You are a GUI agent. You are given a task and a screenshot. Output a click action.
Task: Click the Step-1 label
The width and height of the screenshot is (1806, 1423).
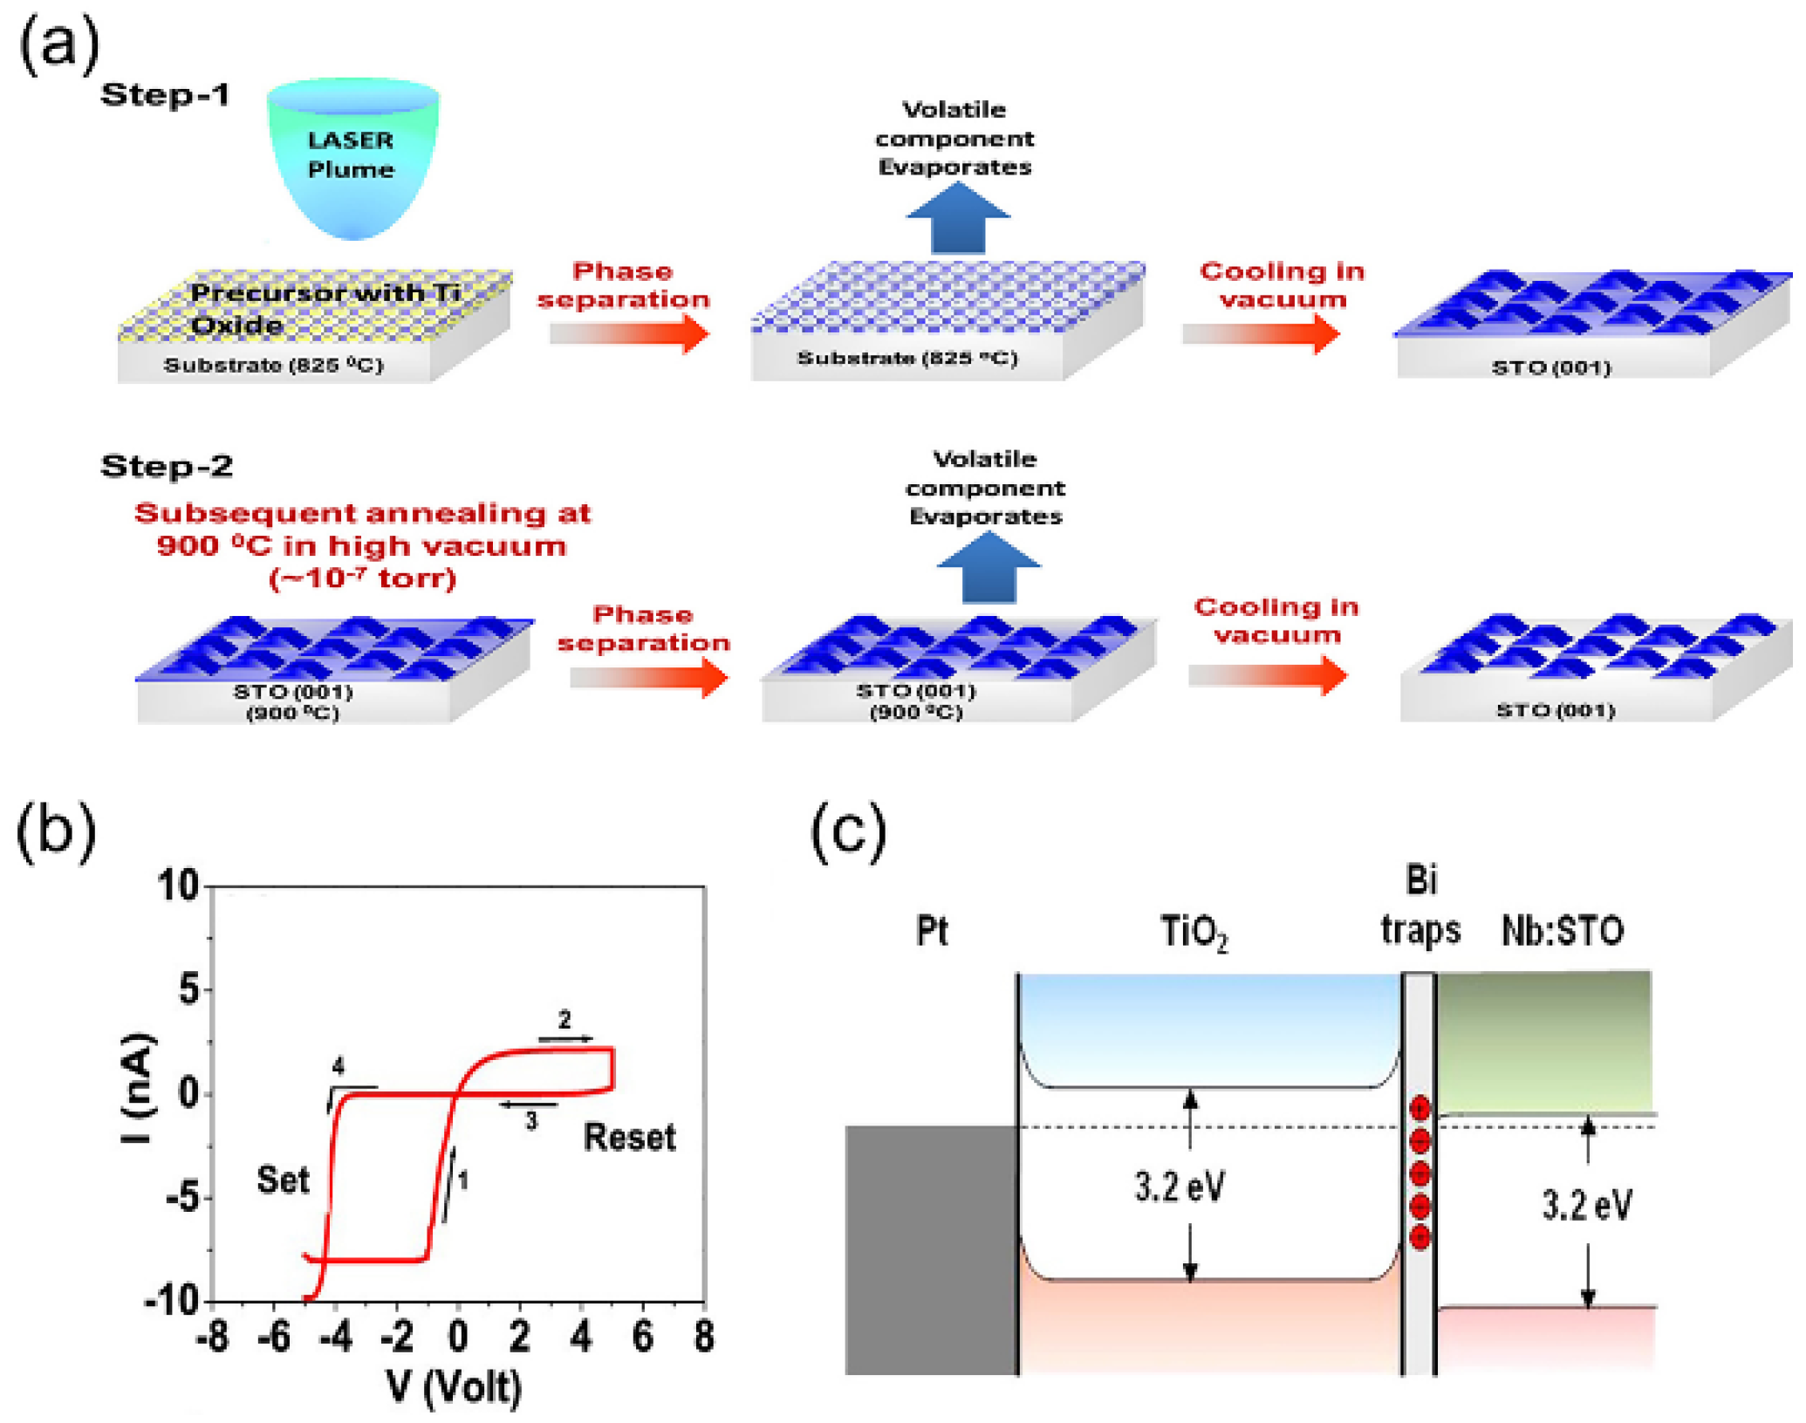point(165,94)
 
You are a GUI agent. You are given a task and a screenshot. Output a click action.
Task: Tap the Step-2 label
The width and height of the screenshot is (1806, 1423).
point(167,466)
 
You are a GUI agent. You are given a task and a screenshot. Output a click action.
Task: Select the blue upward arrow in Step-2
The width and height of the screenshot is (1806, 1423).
point(988,568)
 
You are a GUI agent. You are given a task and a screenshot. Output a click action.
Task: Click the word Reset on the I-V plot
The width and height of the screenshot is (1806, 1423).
point(629,1138)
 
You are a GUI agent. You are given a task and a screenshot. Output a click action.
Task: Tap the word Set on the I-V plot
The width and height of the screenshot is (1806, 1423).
point(283,1180)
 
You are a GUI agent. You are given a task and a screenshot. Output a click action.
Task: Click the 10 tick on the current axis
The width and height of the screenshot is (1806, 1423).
point(178,886)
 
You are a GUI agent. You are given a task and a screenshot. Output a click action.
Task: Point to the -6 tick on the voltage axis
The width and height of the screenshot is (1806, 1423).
point(274,1336)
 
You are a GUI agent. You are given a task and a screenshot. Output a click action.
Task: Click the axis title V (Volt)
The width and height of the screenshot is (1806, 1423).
point(454,1386)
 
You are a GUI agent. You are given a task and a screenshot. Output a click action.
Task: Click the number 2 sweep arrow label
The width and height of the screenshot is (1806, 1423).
point(564,1020)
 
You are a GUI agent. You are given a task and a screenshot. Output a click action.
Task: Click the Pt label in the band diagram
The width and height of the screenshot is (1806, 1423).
point(931,931)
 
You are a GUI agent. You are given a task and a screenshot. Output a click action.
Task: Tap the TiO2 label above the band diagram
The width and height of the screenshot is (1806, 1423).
point(1193,931)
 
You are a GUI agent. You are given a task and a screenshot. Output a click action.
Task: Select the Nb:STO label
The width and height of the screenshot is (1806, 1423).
point(1562,931)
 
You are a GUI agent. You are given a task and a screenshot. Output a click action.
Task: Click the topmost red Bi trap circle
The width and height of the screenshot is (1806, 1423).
point(1419,1108)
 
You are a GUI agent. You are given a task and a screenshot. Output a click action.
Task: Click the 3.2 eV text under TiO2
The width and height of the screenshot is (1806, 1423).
point(1180,1187)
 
